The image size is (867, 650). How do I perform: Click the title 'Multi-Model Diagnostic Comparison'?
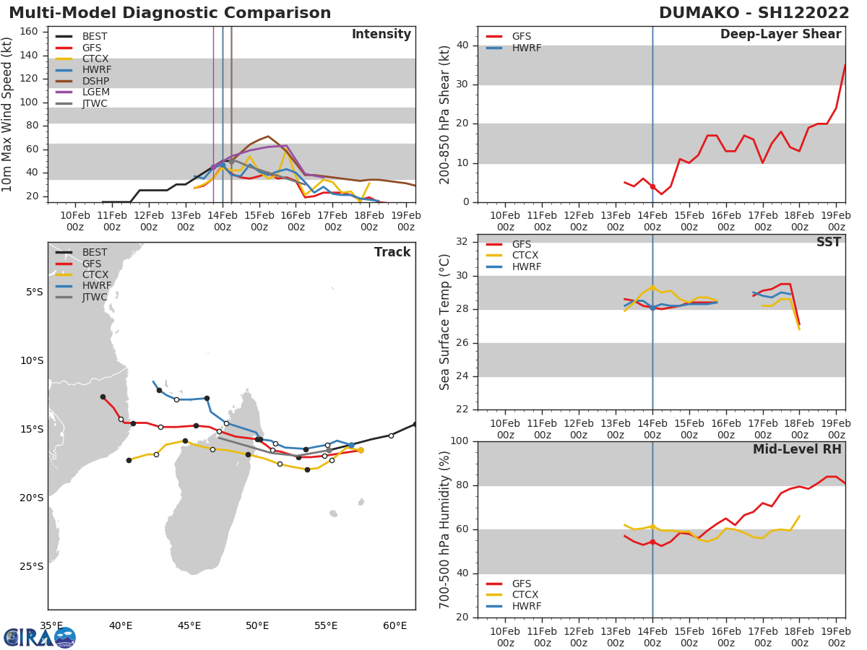coord(170,13)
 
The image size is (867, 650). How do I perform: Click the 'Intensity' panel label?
coord(381,35)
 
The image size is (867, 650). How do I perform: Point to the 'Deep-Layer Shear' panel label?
coord(780,35)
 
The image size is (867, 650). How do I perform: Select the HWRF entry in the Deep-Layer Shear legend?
coord(525,48)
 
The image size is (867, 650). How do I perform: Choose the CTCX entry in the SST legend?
coord(525,256)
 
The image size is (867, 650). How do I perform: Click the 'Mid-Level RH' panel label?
coord(797,450)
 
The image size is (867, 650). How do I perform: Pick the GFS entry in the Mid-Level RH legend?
coord(521,584)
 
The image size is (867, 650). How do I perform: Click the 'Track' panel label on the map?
coord(392,253)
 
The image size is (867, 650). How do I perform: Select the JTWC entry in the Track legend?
coord(94,298)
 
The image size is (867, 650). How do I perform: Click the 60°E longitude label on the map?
coord(394,625)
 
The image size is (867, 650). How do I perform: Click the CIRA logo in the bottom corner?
coord(40,637)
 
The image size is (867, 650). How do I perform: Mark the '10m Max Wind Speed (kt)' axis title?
coord(8,114)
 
